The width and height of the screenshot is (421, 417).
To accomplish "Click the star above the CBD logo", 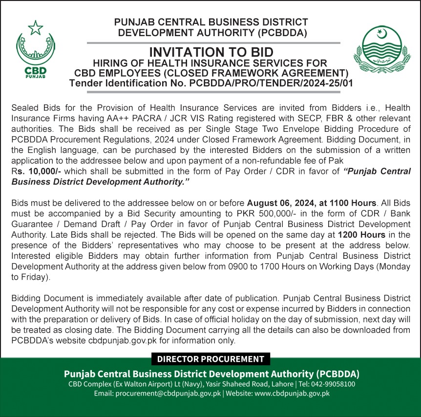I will [36, 28].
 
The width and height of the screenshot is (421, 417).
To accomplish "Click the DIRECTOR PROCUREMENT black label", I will [210, 359].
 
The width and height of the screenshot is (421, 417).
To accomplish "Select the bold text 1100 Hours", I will [352, 203].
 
